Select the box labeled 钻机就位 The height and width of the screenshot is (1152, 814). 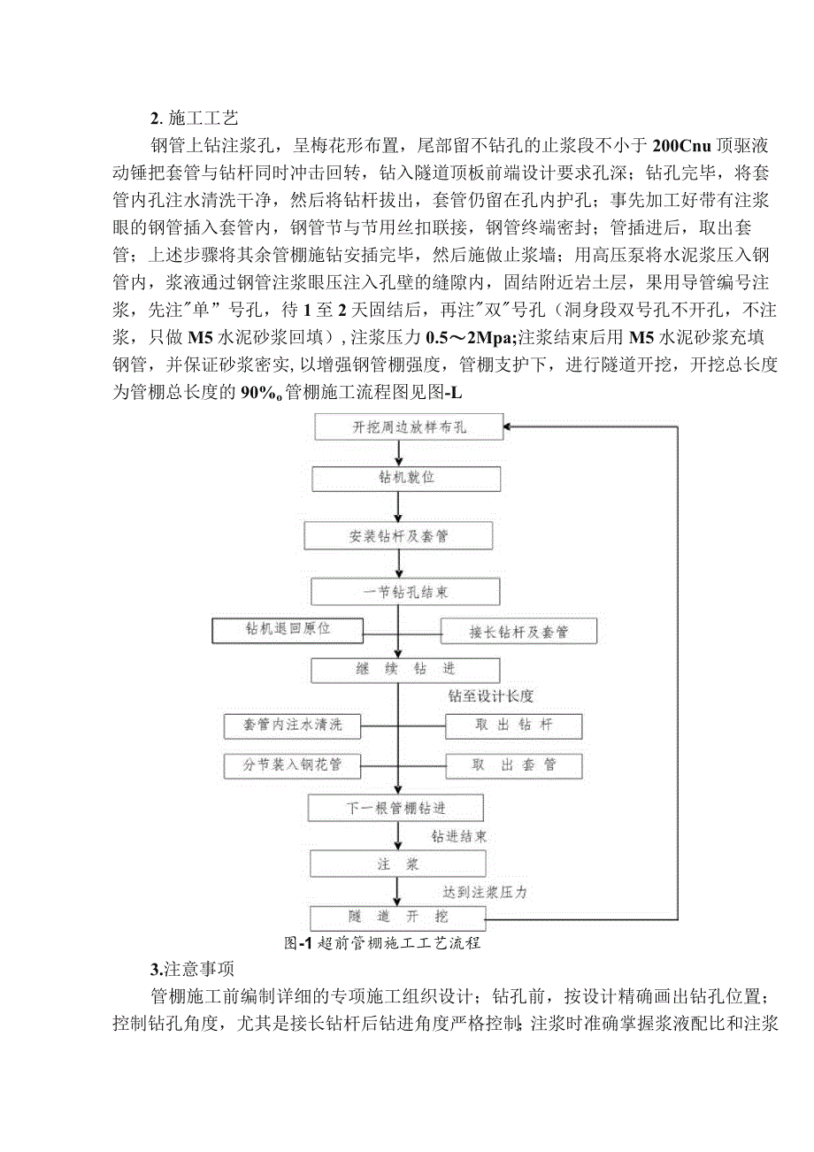(402, 479)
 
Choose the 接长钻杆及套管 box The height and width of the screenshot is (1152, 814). (518, 632)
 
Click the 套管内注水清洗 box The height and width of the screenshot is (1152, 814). (281, 726)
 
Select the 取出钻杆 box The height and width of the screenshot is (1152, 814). (513, 726)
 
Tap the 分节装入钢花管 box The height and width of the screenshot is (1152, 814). (281, 765)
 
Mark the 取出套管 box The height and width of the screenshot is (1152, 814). (513, 765)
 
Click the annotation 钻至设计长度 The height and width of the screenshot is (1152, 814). (491, 696)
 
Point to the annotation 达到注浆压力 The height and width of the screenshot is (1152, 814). (486, 892)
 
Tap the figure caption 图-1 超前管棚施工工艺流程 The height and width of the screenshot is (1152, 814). (382, 943)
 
